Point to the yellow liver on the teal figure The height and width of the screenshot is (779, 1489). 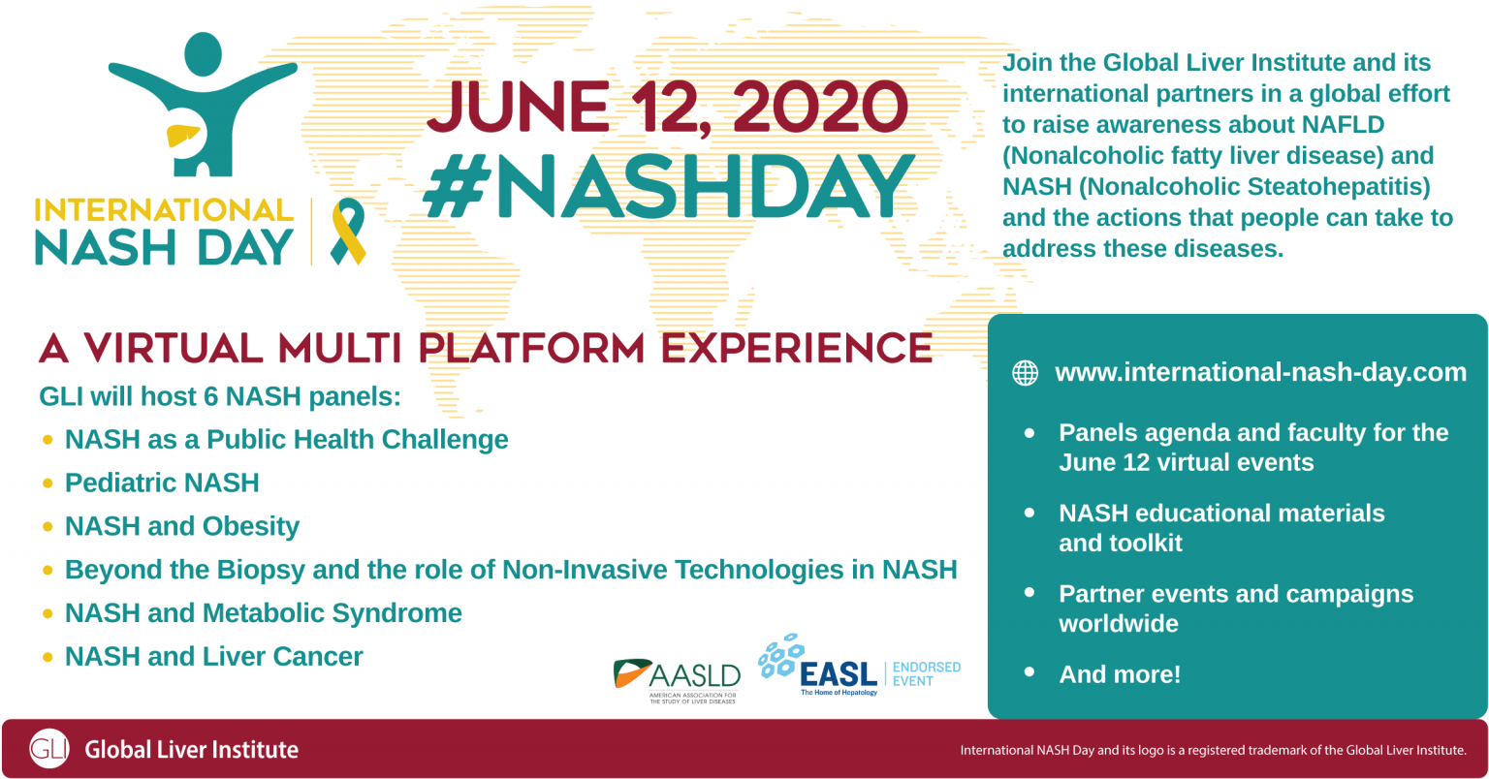[182, 135]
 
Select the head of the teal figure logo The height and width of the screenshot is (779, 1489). [203, 53]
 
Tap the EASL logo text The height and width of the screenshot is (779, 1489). [840, 674]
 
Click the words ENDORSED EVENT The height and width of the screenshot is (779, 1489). [926, 674]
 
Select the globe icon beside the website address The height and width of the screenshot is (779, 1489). [1025, 373]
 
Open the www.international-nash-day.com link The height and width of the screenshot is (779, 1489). [1260, 373]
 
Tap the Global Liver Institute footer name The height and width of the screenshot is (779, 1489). [192, 750]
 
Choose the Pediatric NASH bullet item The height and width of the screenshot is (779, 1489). [162, 483]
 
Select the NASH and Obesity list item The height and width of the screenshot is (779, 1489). [182, 526]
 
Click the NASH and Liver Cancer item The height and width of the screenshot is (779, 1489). [213, 657]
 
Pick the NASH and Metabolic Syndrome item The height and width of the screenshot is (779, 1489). [263, 613]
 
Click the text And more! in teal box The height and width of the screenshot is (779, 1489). [1120, 674]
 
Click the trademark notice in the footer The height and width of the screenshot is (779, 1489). [1213, 750]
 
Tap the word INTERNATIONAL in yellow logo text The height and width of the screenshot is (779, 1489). [164, 210]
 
